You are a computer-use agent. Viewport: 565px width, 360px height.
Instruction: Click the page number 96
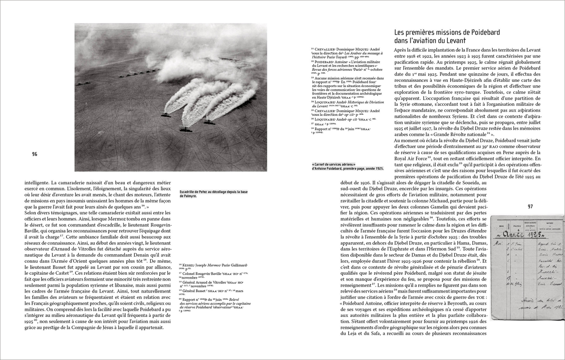click(34, 154)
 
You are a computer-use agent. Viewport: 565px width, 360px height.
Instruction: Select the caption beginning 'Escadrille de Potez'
click(208, 193)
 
